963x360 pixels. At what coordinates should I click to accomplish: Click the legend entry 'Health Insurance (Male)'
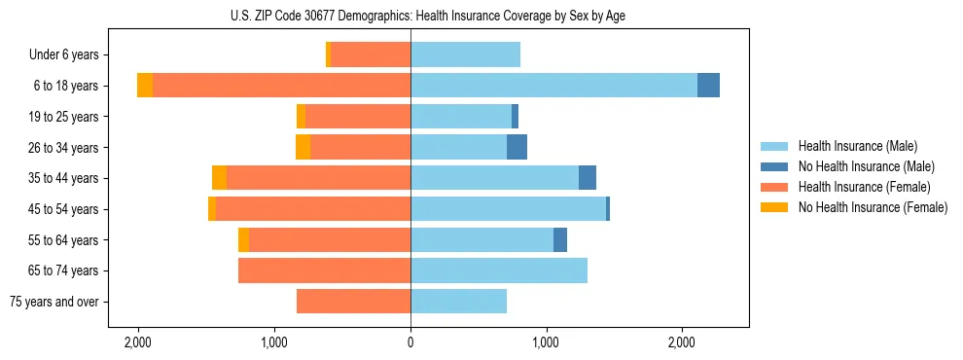[x=857, y=146]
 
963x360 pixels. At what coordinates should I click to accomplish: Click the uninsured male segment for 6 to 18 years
[x=708, y=85]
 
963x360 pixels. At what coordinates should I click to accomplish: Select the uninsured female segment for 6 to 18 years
[x=145, y=85]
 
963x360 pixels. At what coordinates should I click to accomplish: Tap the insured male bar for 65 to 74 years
[x=498, y=270]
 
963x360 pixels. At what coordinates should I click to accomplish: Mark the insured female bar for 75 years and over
[x=353, y=302]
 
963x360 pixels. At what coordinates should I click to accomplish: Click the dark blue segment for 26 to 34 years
[x=517, y=147]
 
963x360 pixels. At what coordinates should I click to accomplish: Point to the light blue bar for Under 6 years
[x=465, y=54]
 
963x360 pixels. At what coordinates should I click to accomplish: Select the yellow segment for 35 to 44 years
[x=219, y=178]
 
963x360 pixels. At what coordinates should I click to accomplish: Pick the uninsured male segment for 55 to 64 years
[x=560, y=239]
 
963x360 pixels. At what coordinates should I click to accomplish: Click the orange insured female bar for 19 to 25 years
[x=357, y=116]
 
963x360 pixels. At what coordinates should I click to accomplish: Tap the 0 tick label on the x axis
[x=410, y=342]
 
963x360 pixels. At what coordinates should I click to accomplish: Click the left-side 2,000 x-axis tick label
[x=138, y=342]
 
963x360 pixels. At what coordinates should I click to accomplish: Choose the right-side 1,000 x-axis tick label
[x=546, y=342]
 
